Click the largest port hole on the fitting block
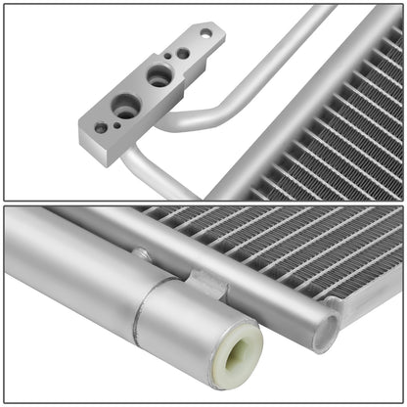click(125, 108)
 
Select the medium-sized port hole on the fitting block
click(159, 74)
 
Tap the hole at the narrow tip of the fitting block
click(205, 32)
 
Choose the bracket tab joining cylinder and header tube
click(208, 285)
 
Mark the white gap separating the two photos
click(203, 203)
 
